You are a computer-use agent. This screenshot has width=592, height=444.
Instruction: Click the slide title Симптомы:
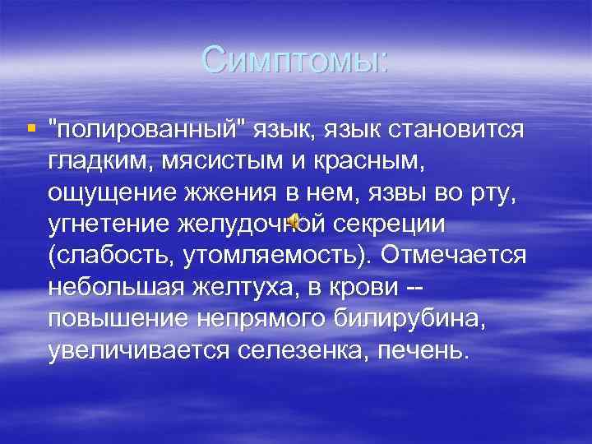pos(295,59)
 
